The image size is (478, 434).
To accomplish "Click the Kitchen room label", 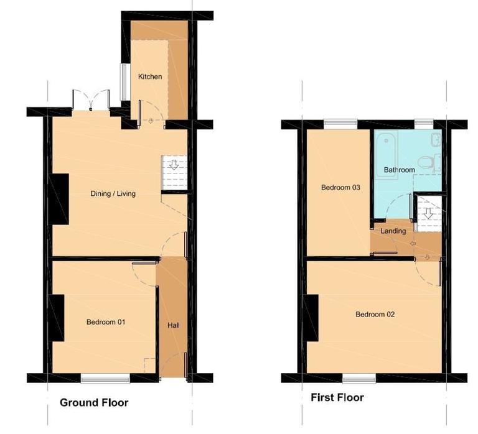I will click(x=150, y=76).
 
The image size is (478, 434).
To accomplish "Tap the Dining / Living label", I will click(x=113, y=193).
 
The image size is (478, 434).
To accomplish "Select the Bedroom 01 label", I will click(x=106, y=322).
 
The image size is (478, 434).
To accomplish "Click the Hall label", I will click(x=174, y=325).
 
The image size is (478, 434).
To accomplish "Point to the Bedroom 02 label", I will click(x=375, y=314).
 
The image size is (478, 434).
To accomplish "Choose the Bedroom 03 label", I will click(x=340, y=187).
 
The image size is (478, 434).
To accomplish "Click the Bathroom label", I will click(x=399, y=170).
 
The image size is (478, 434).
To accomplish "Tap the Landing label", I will click(x=394, y=231).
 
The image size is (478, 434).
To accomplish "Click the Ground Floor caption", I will click(x=94, y=402).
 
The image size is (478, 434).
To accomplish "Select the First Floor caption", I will click(x=337, y=397).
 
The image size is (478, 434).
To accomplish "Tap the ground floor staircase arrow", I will click(x=174, y=165).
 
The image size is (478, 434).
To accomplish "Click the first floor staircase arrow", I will click(x=429, y=213).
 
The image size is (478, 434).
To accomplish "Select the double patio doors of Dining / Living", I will click(x=91, y=101).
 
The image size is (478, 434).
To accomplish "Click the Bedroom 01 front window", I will click(x=105, y=377).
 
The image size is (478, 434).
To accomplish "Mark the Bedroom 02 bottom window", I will click(x=359, y=377).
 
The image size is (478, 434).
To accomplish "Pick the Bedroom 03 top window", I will click(x=340, y=124).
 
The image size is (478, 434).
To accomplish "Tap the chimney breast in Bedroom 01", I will click(x=59, y=318).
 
